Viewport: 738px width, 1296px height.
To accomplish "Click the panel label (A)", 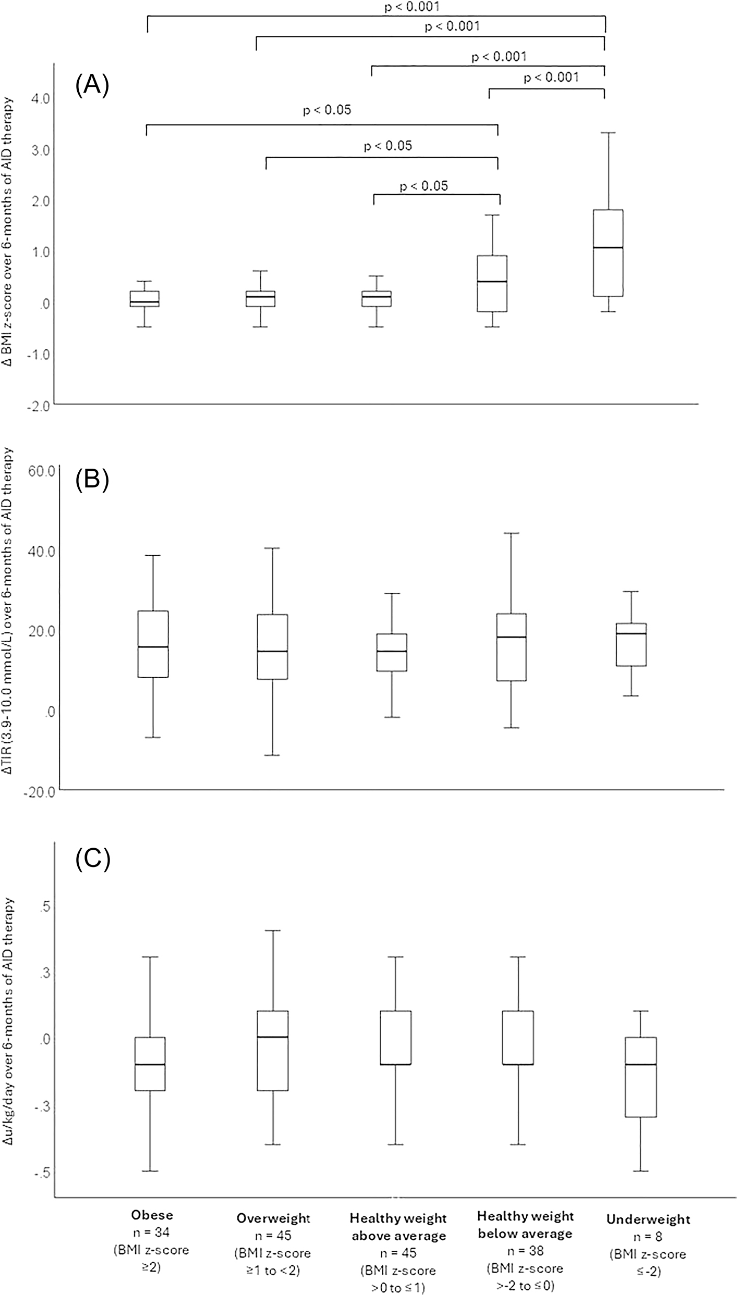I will [92, 86].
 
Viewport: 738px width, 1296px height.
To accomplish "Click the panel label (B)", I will [92, 481].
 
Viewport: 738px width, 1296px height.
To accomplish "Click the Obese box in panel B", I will [153, 644].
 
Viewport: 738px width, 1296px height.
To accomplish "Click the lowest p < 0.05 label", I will [424, 186].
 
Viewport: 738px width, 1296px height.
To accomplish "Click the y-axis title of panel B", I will [10, 626].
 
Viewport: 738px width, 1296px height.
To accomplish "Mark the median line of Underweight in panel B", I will [632, 633].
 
